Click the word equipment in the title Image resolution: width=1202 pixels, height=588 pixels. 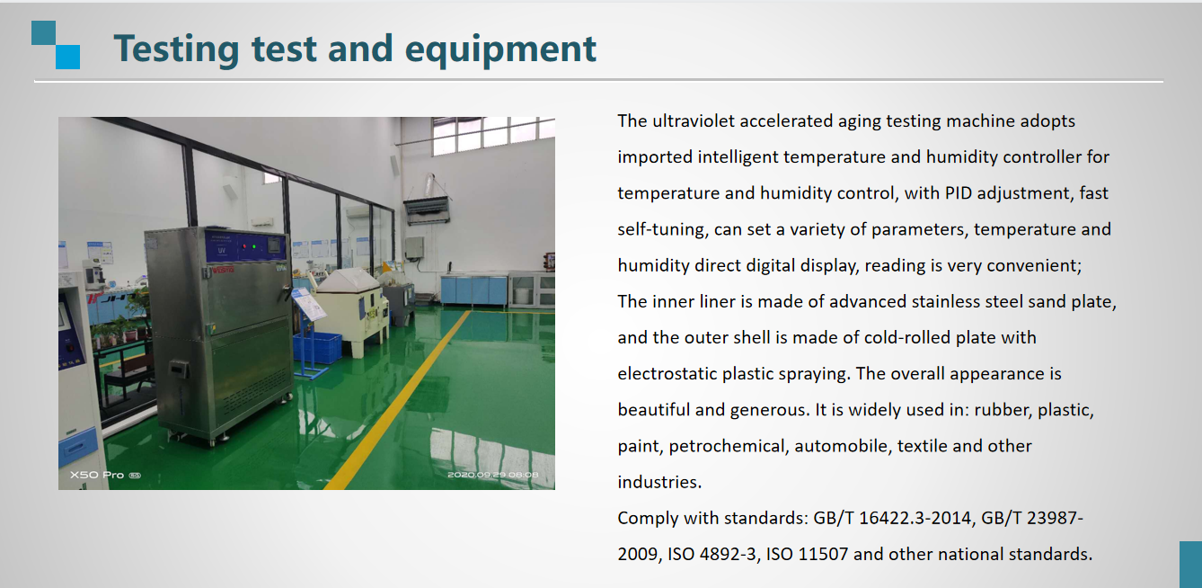pyautogui.click(x=500, y=50)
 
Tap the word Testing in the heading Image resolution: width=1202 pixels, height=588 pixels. pyautogui.click(x=176, y=50)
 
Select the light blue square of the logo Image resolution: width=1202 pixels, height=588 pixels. pyautogui.click(x=68, y=57)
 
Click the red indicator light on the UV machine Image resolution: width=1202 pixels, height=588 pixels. pyautogui.click(x=245, y=246)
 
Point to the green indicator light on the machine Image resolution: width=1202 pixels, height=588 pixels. pyautogui.click(x=254, y=246)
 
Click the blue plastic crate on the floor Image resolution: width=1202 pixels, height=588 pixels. pyautogui.click(x=318, y=347)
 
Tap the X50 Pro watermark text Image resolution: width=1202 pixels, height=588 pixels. pyautogui.click(x=97, y=476)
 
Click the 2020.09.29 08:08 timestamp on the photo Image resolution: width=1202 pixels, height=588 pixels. pyautogui.click(x=492, y=475)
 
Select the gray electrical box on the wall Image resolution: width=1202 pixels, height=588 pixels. pyautogui.click(x=414, y=249)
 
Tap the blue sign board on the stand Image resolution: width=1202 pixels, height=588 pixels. pyautogui.click(x=308, y=304)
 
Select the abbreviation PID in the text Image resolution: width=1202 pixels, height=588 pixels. pyautogui.click(x=959, y=193)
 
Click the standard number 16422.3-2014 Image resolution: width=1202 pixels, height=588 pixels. pyautogui.click(x=915, y=518)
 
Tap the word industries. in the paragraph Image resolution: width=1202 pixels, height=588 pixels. pyautogui.click(x=659, y=482)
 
